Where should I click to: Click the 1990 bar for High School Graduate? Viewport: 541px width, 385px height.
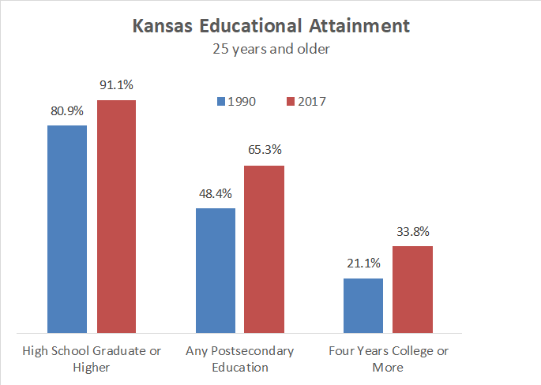click(67, 229)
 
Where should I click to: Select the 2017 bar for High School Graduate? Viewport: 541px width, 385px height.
click(116, 216)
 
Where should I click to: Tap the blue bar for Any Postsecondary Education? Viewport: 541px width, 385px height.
click(215, 270)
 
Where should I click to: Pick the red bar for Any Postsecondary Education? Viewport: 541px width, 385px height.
click(264, 249)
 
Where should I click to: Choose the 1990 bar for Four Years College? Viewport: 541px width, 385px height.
click(363, 305)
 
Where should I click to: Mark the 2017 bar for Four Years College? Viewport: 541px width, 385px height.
click(412, 289)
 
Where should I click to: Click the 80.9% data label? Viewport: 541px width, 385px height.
click(67, 111)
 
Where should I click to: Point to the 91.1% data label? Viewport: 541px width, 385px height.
click(116, 86)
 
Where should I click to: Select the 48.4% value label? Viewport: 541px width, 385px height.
click(215, 193)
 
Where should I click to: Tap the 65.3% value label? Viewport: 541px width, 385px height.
click(264, 151)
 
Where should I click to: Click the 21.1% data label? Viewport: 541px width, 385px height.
click(363, 264)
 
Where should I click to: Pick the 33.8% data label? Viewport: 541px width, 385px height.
click(412, 232)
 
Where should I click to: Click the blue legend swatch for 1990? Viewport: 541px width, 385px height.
click(221, 101)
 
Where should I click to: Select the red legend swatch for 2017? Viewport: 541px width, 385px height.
click(290, 101)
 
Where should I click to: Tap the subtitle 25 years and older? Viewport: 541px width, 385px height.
click(271, 49)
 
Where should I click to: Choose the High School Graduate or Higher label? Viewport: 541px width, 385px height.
click(92, 358)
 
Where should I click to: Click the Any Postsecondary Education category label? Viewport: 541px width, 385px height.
click(239, 358)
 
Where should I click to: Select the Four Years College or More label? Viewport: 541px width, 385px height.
click(388, 358)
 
